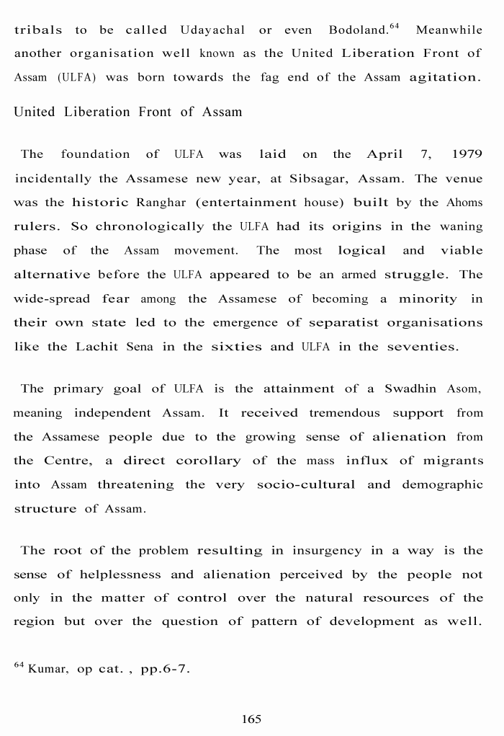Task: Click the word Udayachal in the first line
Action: pyautogui.click(x=212, y=30)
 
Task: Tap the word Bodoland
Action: pyautogui.click(x=358, y=30)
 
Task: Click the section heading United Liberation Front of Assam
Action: pyautogui.click(x=128, y=112)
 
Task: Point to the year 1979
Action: pyautogui.click(x=467, y=154)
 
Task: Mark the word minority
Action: pyautogui.click(x=428, y=298)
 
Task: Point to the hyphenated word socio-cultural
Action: pyautogui.click(x=306, y=484)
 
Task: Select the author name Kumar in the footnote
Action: pyautogui.click(x=49, y=669)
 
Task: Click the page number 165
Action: pyautogui.click(x=251, y=719)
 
